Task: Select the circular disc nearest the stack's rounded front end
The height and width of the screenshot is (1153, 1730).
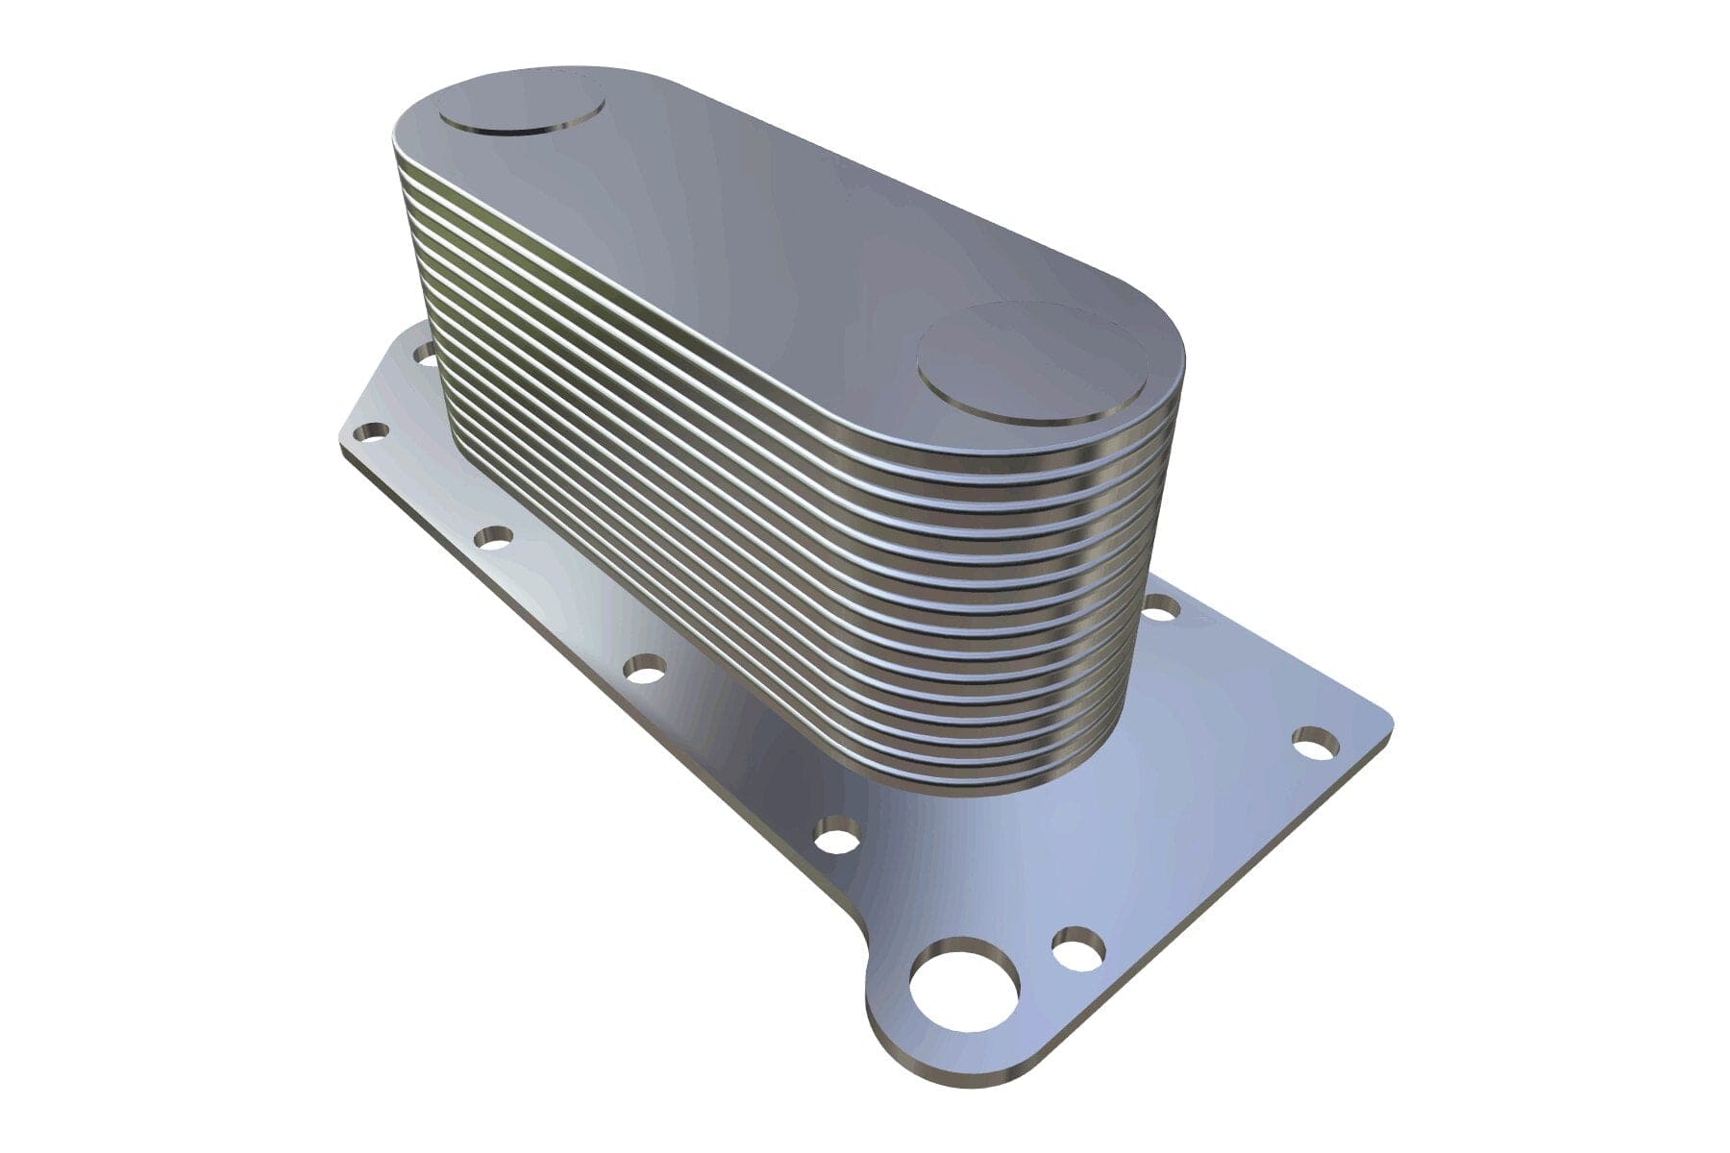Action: click(1027, 365)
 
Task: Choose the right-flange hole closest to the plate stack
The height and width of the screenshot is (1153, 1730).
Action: click(1161, 606)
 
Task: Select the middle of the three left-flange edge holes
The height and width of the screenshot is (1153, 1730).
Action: click(645, 668)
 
